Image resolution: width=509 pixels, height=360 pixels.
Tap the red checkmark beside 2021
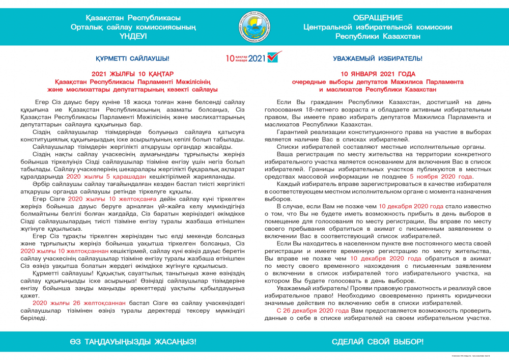click(x=274, y=57)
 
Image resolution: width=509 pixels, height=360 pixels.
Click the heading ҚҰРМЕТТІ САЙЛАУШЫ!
click(x=132, y=59)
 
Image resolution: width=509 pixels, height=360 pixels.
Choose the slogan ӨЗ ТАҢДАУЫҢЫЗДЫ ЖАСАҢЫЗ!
click(x=132, y=341)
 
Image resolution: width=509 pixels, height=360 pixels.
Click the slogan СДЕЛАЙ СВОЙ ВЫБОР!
click(x=377, y=341)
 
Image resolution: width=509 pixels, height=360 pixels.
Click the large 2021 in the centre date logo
click(x=257, y=58)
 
